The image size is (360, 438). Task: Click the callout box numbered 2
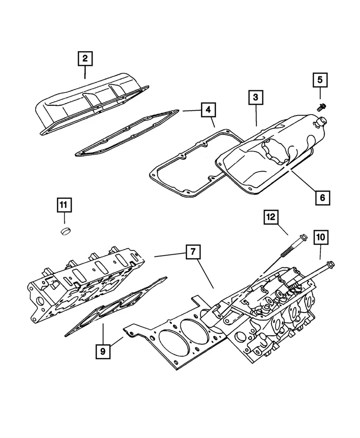point(85,58)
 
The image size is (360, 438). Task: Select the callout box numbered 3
point(256,97)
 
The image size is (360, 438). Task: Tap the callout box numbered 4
point(208,110)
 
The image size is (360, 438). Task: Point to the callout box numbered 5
point(319,80)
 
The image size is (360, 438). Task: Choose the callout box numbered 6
point(322,197)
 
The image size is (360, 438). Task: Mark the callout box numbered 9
point(103,351)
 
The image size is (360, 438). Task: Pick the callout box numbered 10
point(319,237)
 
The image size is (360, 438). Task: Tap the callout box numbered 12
point(271,218)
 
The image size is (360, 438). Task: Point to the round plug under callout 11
point(67,229)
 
